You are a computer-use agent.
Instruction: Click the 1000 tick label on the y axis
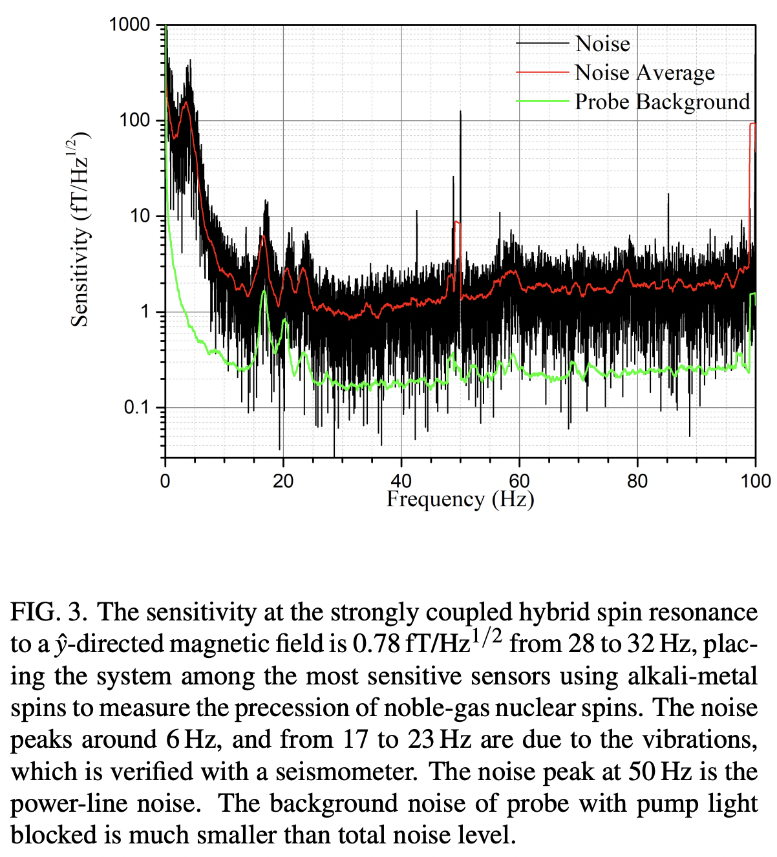point(129,25)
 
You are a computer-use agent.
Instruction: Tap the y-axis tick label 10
point(140,216)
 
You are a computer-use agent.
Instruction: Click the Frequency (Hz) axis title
point(460,500)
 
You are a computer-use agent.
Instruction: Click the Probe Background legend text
point(662,102)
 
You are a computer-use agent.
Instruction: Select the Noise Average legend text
point(644,73)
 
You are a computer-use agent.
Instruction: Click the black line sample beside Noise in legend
point(542,43)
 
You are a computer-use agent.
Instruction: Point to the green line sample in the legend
point(542,101)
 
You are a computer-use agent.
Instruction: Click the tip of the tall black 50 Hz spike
point(460,112)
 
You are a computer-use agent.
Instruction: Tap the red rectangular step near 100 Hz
point(752,123)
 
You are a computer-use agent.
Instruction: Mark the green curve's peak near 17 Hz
point(264,292)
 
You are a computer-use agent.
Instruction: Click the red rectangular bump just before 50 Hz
point(457,223)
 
